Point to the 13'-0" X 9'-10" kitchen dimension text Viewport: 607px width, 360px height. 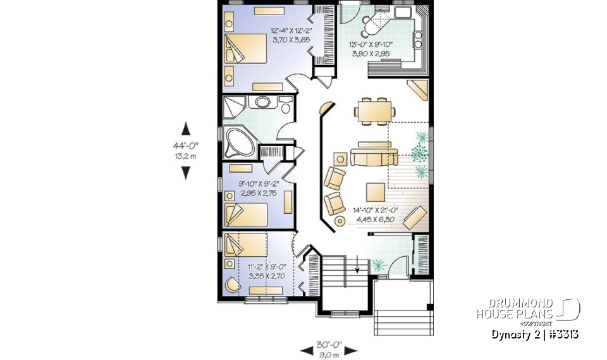coord(371,49)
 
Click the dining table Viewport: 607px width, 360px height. coord(374,110)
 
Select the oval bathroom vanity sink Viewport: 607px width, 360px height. coord(261,102)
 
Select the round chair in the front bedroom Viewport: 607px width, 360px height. coord(232,285)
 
